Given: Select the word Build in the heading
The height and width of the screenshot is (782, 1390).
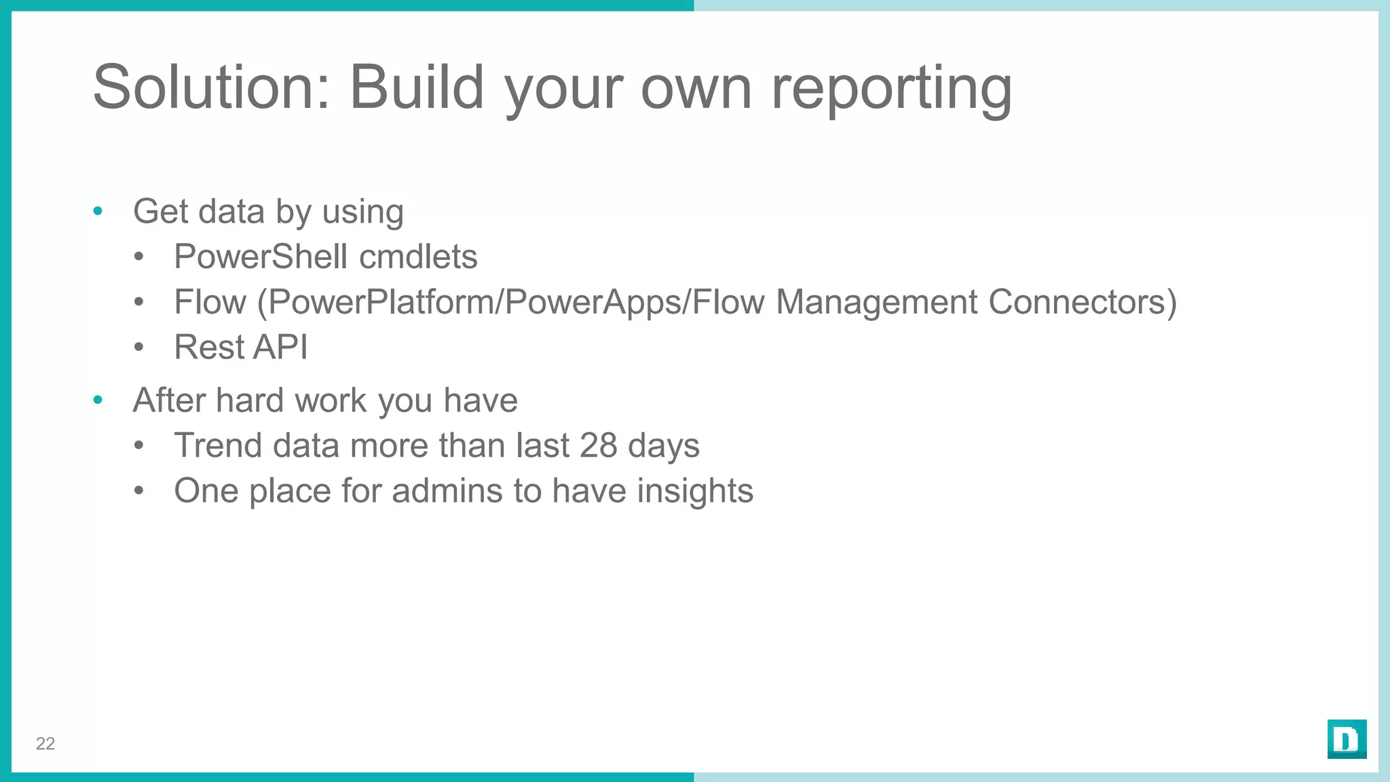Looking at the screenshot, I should [416, 87].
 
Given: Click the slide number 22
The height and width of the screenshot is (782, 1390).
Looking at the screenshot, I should [45, 744].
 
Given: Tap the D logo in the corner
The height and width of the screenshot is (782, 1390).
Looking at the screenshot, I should [1347, 739].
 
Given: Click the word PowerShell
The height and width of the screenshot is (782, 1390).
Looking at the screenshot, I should [261, 257].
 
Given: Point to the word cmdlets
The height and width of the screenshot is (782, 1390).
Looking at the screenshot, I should [418, 257].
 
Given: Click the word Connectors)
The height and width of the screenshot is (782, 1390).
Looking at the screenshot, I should [1083, 302].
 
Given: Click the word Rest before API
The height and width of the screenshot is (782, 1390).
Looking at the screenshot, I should [207, 347].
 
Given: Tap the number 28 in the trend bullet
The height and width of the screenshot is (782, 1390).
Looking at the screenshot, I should [598, 446].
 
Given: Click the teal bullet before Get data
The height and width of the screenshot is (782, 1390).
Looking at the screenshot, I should [98, 212].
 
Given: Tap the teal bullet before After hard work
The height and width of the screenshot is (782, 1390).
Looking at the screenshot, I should [98, 401].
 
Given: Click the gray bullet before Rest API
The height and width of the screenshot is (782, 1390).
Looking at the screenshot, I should [139, 348].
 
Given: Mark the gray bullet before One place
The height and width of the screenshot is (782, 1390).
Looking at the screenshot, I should [139, 491].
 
